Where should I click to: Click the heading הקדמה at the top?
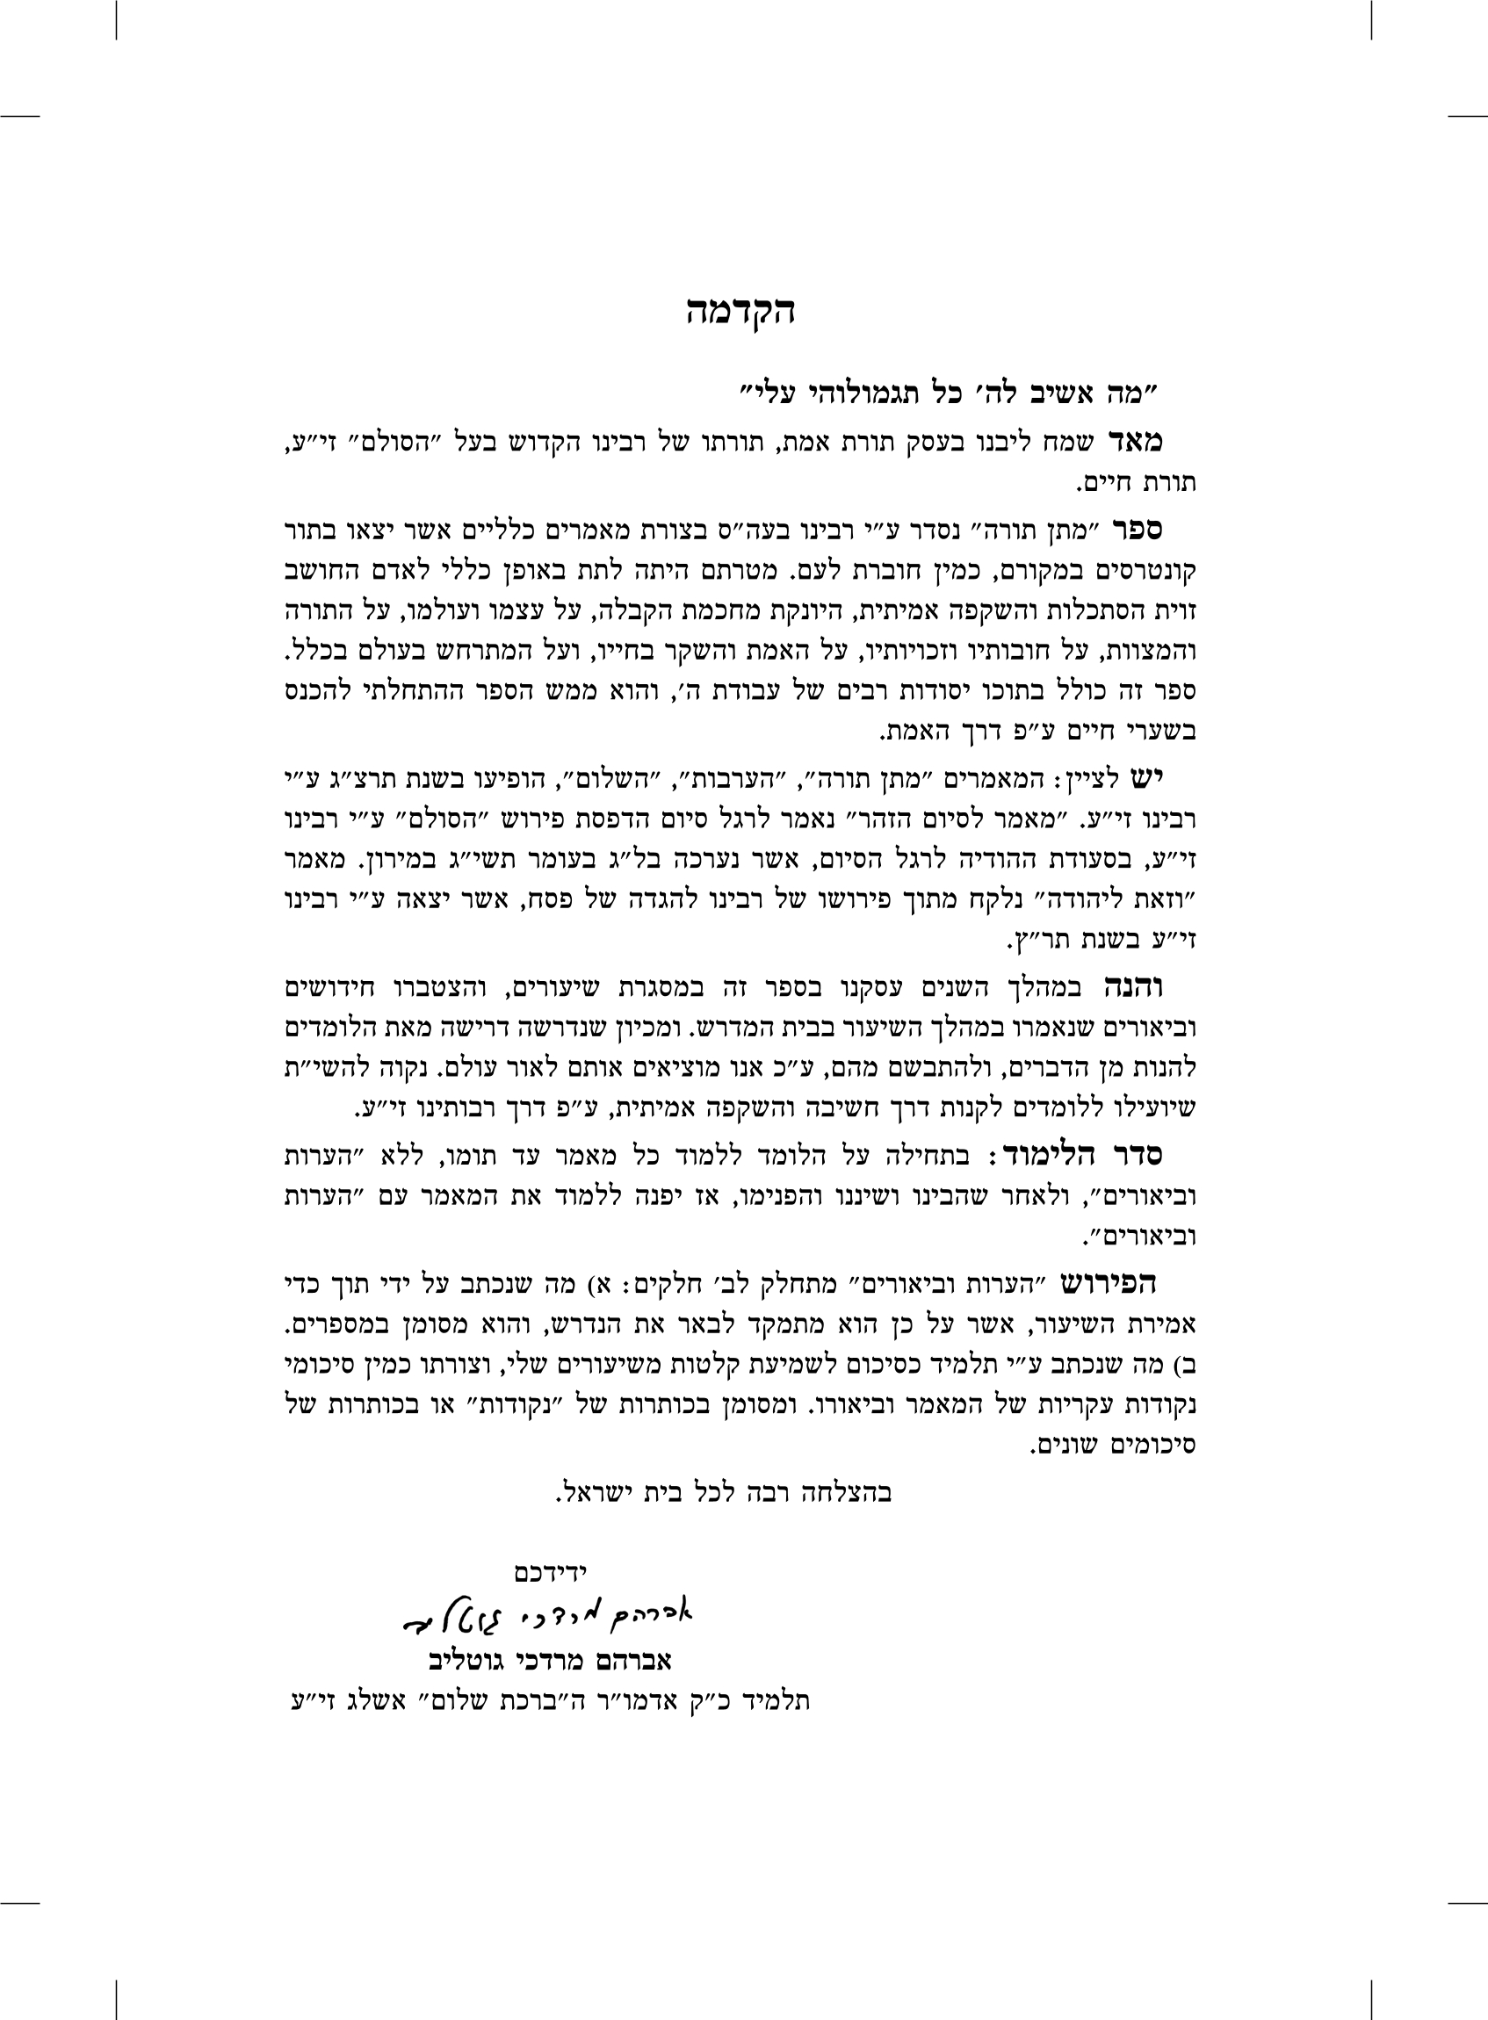[740, 313]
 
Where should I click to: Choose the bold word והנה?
[1132, 988]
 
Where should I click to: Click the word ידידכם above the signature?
[550, 1571]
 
